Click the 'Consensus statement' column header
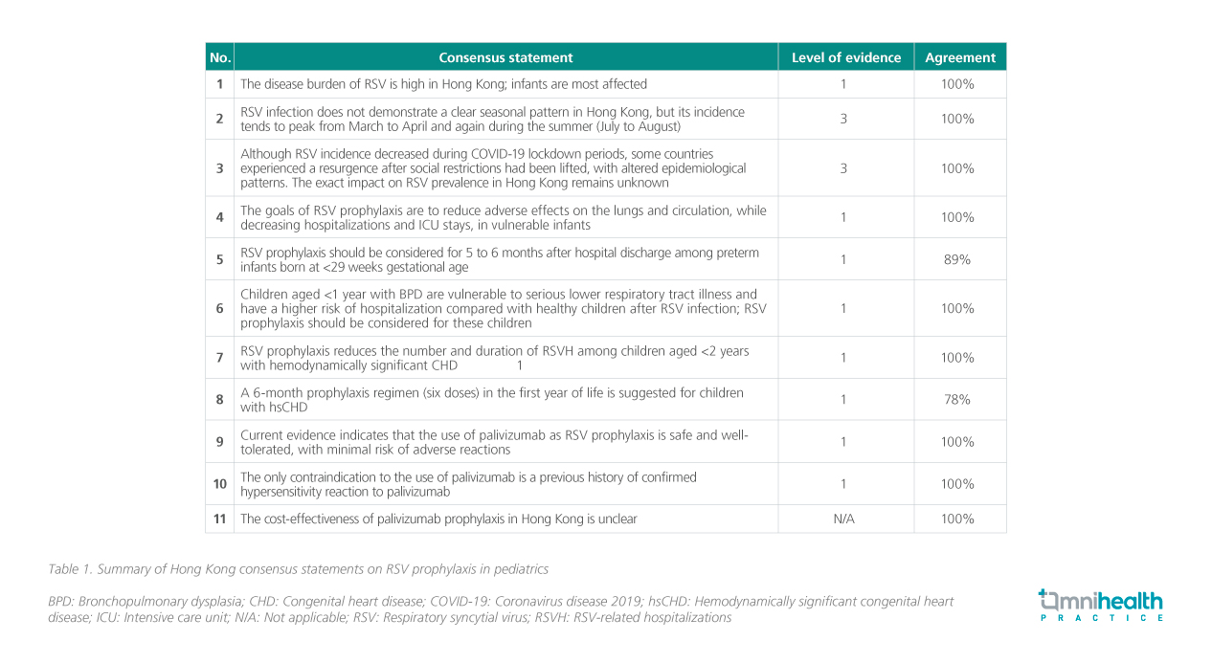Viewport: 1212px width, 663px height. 505,57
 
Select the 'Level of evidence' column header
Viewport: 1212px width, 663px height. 845,57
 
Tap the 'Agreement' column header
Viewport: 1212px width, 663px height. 959,57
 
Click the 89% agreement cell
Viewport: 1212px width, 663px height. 959,259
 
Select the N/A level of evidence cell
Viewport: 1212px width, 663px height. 843,519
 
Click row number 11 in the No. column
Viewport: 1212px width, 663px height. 219,519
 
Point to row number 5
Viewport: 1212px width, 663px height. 219,259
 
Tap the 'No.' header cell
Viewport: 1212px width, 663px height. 219,57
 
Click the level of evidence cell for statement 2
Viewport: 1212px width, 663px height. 843,119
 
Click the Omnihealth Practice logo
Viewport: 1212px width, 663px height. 1100,606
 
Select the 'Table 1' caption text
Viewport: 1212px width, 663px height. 298,569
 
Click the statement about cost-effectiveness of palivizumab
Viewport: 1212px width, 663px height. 438,519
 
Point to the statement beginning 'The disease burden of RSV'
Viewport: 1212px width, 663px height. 443,84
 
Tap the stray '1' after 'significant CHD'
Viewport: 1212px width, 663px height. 520,365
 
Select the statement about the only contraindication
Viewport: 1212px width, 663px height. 468,484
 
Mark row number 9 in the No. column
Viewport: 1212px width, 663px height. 219,442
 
